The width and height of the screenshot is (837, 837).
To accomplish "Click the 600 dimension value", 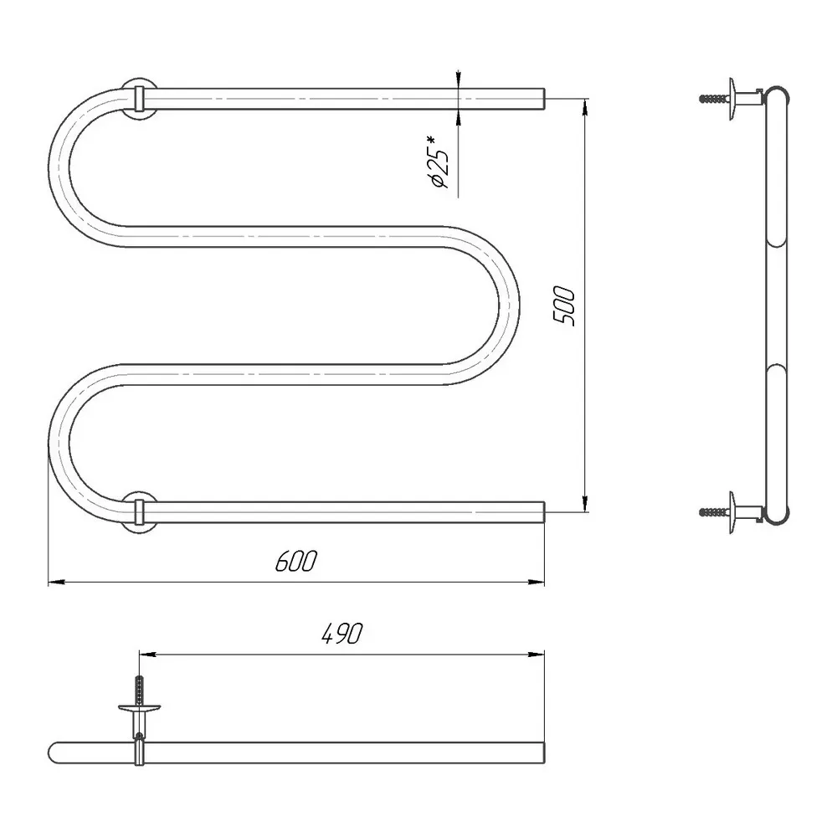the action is [x=296, y=561].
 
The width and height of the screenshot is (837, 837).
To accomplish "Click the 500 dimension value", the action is [x=563, y=306].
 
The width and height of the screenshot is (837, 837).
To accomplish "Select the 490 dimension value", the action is [x=342, y=634].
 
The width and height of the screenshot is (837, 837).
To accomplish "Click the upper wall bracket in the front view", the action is [x=139, y=99].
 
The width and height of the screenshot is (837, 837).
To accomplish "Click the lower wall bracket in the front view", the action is [x=139, y=512].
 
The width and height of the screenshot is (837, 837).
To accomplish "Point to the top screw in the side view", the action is [x=714, y=99].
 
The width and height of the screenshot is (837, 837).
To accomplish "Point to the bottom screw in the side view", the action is [x=714, y=512].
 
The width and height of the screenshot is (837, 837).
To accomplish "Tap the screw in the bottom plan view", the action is [x=139, y=690].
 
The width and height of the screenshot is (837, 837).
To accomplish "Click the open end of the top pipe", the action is [x=544, y=99].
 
